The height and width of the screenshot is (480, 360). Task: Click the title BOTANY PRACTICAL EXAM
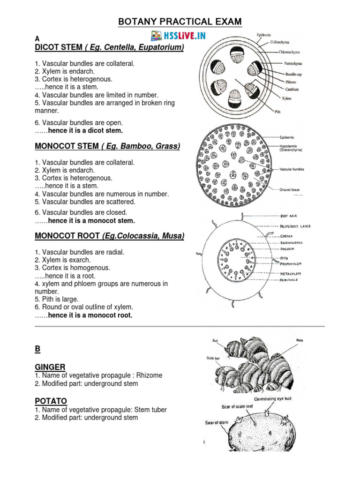(x=180, y=22)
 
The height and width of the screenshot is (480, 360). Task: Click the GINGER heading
(x=50, y=367)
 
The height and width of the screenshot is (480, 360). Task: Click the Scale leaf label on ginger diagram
(x=213, y=358)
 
